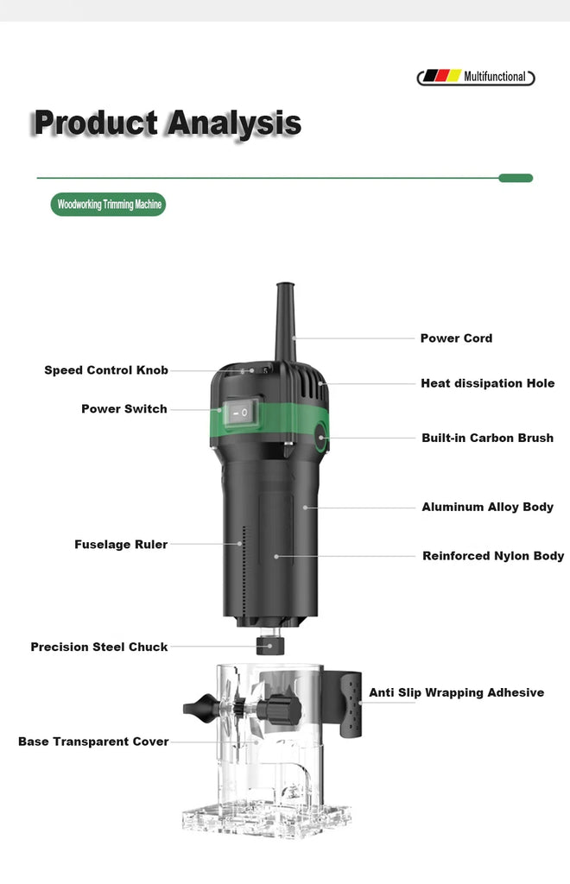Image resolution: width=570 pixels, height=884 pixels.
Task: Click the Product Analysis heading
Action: [x=167, y=123]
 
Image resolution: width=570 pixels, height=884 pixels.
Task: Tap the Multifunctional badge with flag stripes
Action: [x=476, y=77]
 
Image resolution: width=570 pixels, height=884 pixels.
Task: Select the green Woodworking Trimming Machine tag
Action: [x=108, y=205]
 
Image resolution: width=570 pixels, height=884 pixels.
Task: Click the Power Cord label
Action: [x=456, y=338]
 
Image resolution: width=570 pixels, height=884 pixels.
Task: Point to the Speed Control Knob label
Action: [x=106, y=370]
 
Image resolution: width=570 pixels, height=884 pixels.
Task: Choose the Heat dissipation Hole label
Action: [x=487, y=383]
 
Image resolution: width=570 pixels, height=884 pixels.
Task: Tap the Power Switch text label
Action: [x=124, y=409]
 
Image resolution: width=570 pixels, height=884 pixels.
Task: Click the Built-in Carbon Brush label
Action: [x=487, y=438]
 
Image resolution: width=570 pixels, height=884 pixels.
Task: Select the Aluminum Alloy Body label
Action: [x=487, y=507]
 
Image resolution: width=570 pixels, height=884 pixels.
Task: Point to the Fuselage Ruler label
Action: [x=121, y=545]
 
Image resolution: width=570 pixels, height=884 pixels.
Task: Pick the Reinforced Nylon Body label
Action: [x=492, y=556]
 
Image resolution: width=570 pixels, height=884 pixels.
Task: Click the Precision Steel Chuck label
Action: [x=99, y=647]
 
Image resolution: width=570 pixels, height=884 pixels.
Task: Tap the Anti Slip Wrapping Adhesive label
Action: [x=456, y=692]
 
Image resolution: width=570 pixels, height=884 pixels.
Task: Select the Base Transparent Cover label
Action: [x=93, y=742]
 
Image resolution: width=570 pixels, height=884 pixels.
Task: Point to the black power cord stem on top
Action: [x=284, y=319]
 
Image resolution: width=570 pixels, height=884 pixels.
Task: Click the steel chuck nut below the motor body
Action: [x=270, y=646]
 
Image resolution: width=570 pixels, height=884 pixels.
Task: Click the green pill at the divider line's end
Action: [x=516, y=178]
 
